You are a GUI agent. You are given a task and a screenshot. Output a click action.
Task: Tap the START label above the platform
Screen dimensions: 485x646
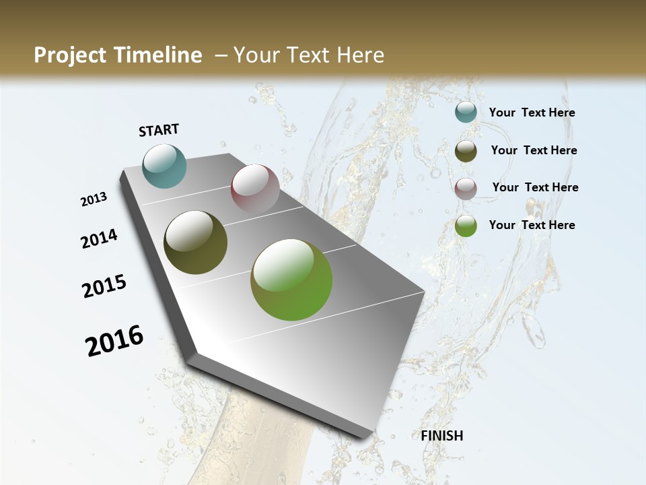click(x=159, y=130)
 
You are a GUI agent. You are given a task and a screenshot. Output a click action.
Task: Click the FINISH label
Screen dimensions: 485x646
click(x=442, y=436)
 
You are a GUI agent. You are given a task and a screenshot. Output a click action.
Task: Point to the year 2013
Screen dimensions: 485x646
click(x=94, y=199)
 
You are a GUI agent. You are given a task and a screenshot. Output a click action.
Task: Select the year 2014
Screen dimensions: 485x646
click(x=100, y=238)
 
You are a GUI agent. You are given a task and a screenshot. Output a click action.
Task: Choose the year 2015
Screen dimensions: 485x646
click(x=104, y=286)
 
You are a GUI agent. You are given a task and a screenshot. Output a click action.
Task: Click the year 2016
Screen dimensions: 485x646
click(x=114, y=340)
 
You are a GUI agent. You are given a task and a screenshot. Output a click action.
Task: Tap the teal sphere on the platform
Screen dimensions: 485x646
click(x=164, y=166)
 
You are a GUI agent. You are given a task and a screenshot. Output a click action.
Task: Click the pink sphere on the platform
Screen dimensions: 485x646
click(x=255, y=189)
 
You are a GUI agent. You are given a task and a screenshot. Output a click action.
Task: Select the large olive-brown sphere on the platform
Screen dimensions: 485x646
click(x=195, y=243)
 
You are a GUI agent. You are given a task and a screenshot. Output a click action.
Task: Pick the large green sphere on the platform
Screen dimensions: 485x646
click(x=291, y=280)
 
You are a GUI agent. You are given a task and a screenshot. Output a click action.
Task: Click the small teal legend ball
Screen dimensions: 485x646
click(x=466, y=112)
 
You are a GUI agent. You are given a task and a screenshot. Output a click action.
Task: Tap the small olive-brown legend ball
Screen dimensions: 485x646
click(x=466, y=151)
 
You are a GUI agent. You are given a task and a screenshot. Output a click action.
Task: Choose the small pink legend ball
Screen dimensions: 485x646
click(x=466, y=189)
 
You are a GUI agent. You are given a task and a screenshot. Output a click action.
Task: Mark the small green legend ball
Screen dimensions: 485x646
click(x=466, y=226)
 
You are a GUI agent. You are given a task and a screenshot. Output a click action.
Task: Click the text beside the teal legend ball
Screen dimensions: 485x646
click(x=532, y=112)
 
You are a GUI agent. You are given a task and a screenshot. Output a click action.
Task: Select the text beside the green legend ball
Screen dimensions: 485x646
click(x=532, y=225)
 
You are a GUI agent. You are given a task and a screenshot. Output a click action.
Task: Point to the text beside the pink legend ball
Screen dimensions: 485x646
click(x=535, y=187)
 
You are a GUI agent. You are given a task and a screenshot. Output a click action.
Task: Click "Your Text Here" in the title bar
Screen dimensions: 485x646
click(x=309, y=55)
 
